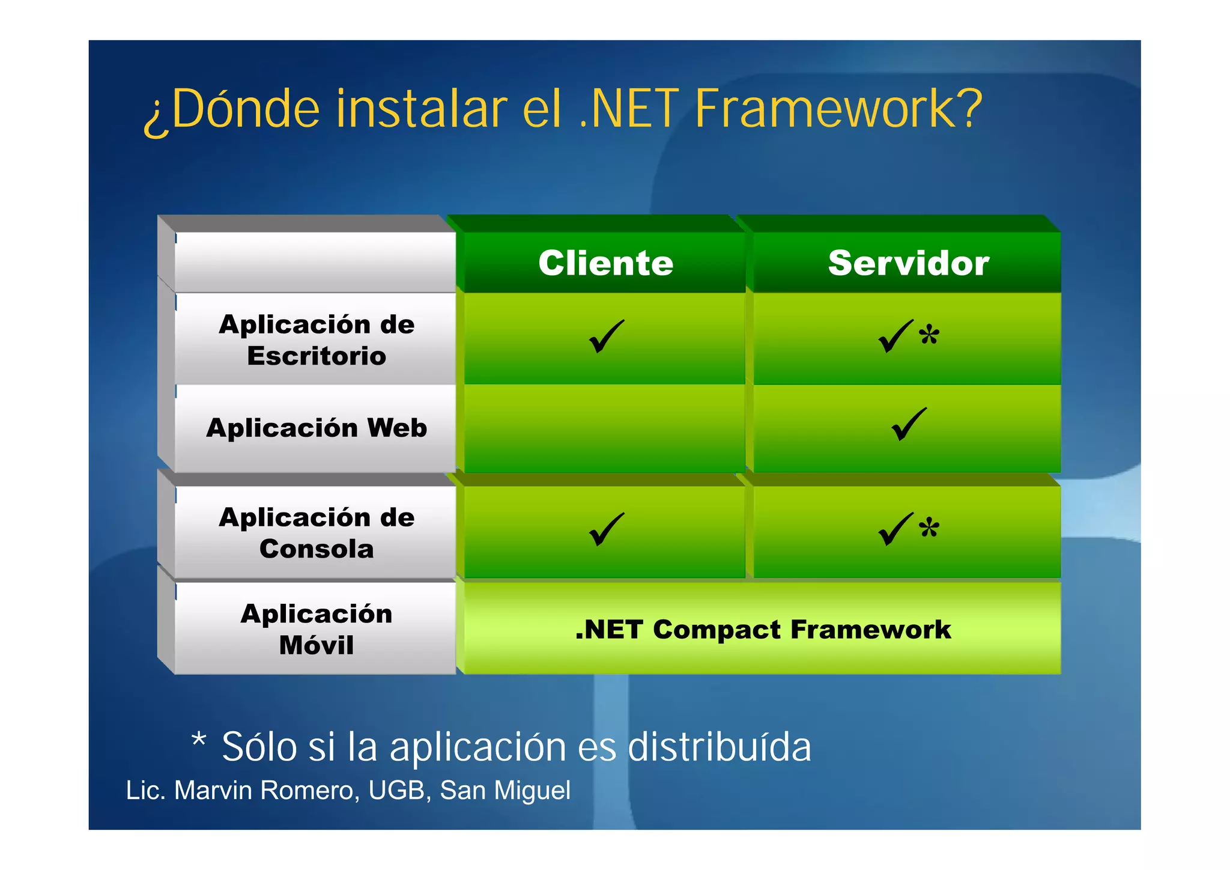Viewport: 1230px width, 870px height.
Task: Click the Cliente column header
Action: [605, 263]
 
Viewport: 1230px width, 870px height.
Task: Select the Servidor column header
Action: [908, 263]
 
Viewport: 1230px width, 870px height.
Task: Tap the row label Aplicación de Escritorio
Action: [317, 340]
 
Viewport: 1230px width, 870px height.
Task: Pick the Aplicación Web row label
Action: [317, 428]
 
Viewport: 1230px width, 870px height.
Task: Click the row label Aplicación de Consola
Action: [317, 533]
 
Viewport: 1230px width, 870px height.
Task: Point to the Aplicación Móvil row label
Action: [317, 629]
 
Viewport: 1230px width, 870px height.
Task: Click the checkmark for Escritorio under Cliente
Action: [607, 336]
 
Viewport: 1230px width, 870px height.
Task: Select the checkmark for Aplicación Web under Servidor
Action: [909, 424]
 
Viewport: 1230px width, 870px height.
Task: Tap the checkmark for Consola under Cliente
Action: [607, 529]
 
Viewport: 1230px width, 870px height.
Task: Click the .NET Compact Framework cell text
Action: [763, 630]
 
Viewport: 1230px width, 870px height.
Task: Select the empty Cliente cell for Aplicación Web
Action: [604, 428]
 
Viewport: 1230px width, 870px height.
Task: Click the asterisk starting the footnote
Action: [199, 740]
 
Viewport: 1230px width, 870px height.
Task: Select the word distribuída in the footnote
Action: [719, 747]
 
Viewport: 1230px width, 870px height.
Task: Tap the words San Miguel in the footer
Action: [505, 791]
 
